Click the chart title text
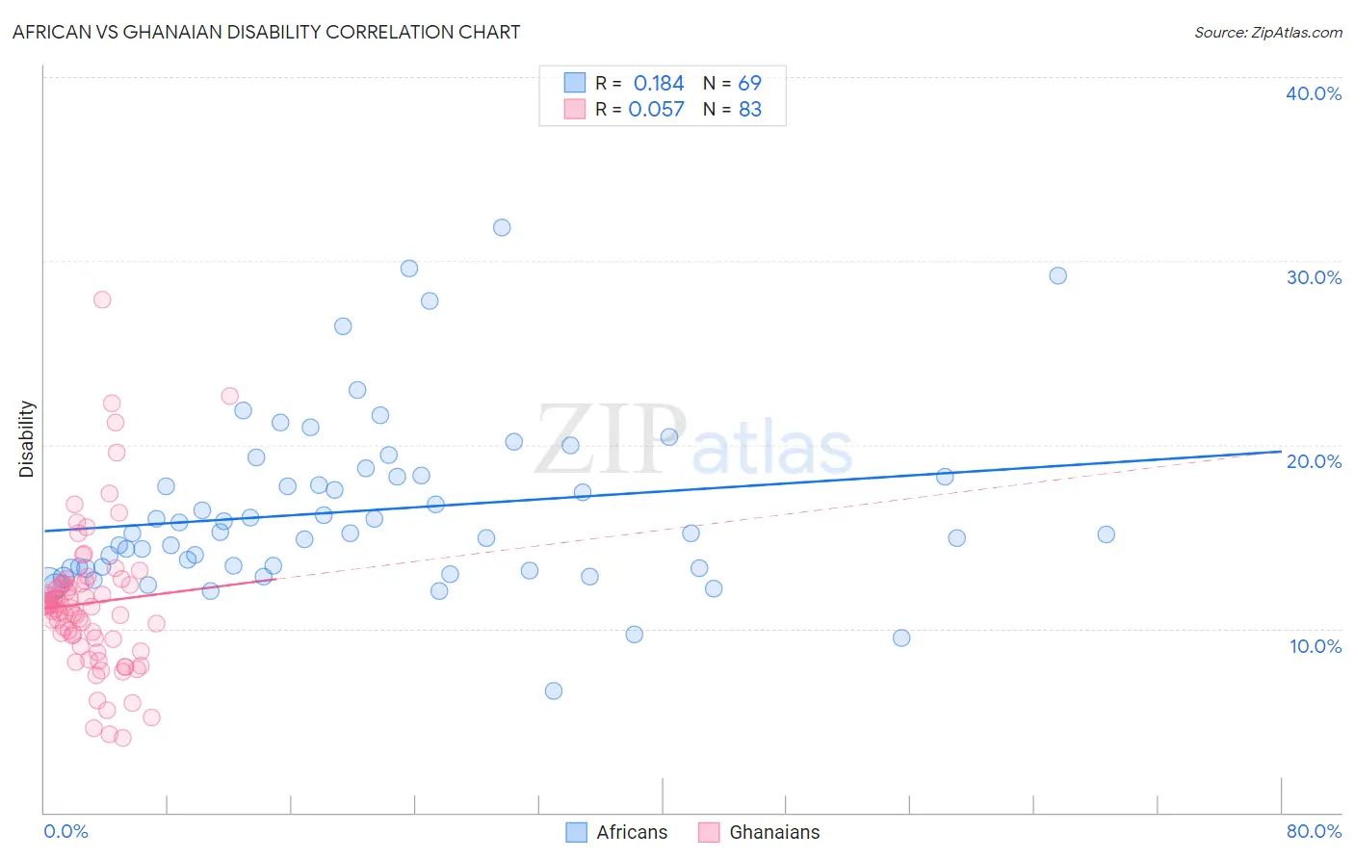(266, 32)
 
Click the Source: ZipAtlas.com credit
(1267, 32)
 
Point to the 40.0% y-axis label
(1314, 93)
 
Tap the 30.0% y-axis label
(1314, 277)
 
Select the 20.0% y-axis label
(1314, 461)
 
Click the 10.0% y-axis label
(1315, 646)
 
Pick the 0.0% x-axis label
(65, 831)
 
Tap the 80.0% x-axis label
(1314, 831)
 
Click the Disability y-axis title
(27, 439)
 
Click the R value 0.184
(659, 84)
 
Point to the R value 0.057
(656, 110)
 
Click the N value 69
(749, 84)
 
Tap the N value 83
(749, 110)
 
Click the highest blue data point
(502, 227)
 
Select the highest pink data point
(102, 299)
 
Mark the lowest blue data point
(553, 690)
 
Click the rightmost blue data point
(1106, 534)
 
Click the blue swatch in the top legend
(575, 83)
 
